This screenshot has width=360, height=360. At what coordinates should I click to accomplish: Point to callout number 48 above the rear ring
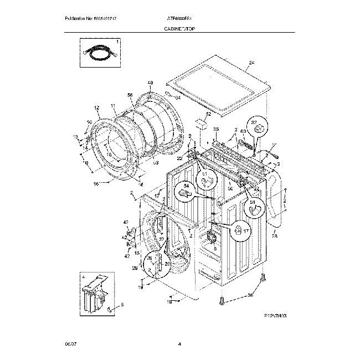point(150,83)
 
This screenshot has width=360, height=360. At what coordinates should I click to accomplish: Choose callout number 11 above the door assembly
point(112,106)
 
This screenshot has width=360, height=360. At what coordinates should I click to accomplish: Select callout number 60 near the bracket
point(242,131)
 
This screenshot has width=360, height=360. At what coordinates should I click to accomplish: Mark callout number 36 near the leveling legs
point(250,295)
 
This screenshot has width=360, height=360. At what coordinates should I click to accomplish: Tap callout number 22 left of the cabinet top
point(179,159)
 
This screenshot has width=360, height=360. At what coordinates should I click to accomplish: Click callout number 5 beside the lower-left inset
point(122,305)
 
